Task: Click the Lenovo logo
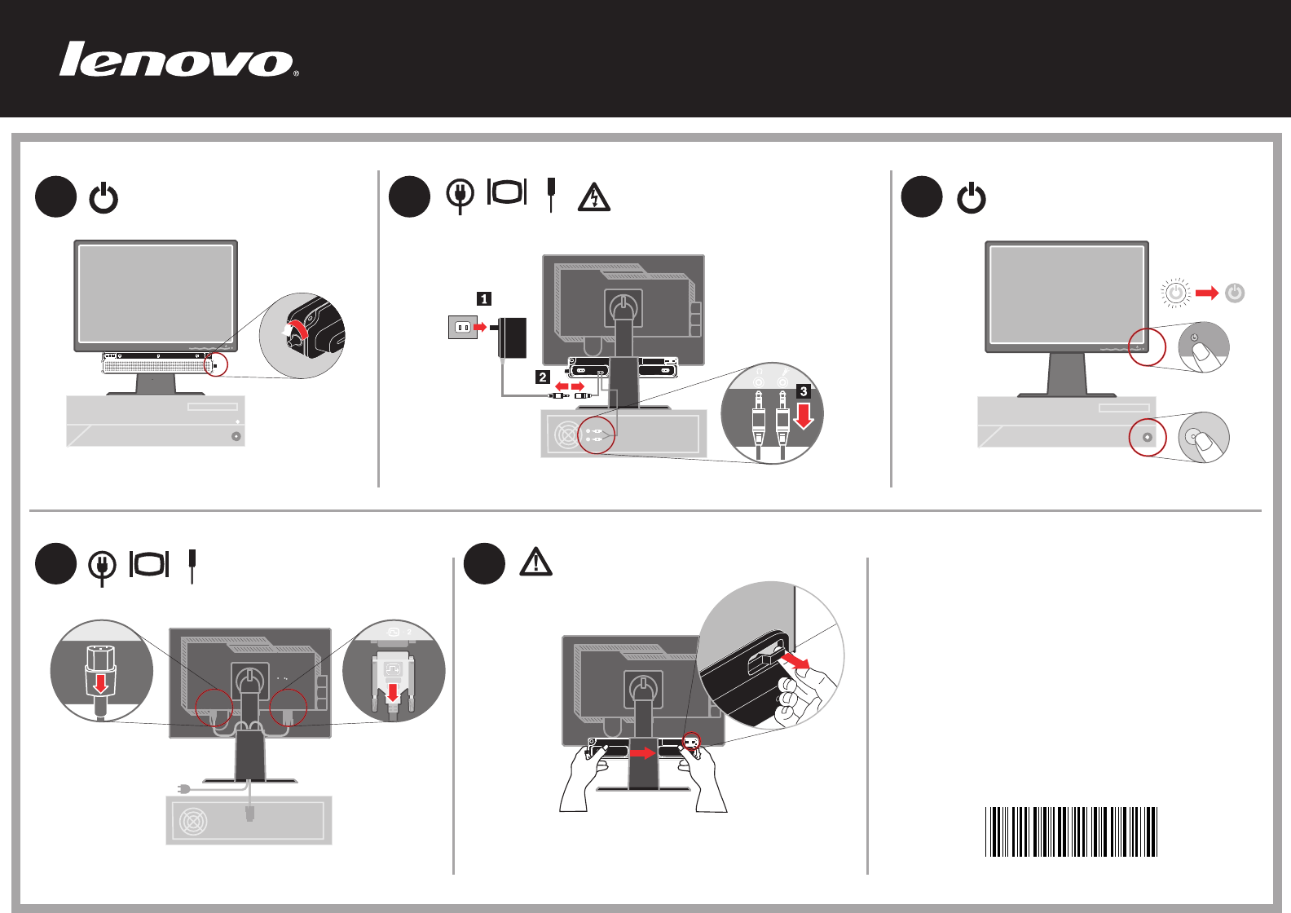[178, 60]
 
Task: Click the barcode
[1071, 831]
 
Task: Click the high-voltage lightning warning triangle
[594, 197]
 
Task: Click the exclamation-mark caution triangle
[535, 562]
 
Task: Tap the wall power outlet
[462, 327]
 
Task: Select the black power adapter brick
[513, 337]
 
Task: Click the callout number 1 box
[484, 299]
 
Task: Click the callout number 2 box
[543, 377]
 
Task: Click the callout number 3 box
[804, 391]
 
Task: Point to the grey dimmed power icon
[1235, 293]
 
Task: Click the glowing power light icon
[1175, 293]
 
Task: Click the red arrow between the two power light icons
[1207, 293]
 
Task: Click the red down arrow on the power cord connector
[100, 682]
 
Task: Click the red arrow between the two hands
[643, 753]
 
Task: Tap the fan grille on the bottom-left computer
[193, 821]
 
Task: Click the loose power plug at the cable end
[184, 788]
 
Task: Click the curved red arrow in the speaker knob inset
[295, 327]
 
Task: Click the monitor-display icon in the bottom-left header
[149, 564]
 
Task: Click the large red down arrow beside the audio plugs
[804, 417]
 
